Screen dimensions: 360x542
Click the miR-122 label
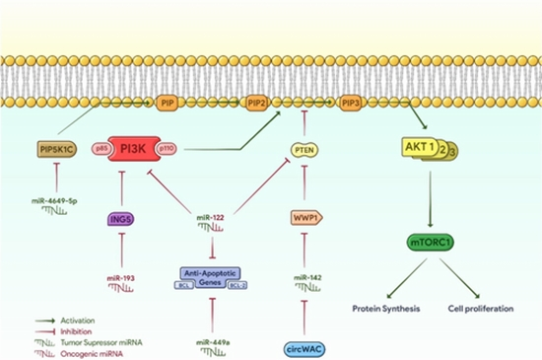coord(211,217)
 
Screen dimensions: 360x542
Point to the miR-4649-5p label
coord(60,200)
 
